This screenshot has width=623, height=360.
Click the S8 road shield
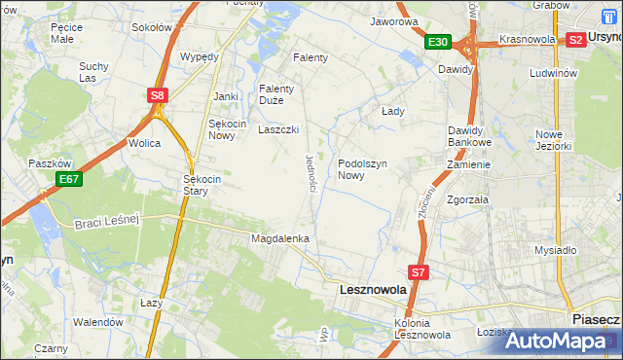click(158, 94)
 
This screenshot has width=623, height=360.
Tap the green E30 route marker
click(437, 42)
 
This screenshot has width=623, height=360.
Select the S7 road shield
click(419, 273)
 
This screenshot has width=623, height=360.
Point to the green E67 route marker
click(68, 179)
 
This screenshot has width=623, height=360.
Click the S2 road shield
click(575, 40)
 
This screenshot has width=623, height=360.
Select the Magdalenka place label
click(280, 238)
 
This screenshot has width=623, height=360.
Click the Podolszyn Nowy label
click(364, 169)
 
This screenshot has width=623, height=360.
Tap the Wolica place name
click(144, 143)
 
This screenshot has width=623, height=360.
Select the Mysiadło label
click(556, 250)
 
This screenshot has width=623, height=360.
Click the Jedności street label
click(312, 172)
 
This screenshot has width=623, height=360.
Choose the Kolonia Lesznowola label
click(421, 329)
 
